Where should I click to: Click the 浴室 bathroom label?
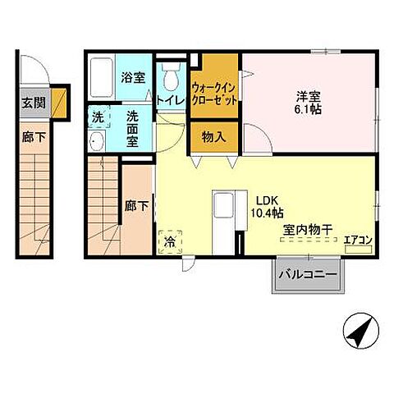(x=134, y=78)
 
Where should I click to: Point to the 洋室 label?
(x=308, y=94)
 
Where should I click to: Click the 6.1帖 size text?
(x=308, y=109)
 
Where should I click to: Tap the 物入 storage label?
(x=213, y=137)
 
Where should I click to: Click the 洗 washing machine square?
(x=98, y=117)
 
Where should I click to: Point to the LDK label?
(x=267, y=199)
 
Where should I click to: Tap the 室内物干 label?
(x=308, y=231)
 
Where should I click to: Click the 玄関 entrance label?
(x=33, y=103)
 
